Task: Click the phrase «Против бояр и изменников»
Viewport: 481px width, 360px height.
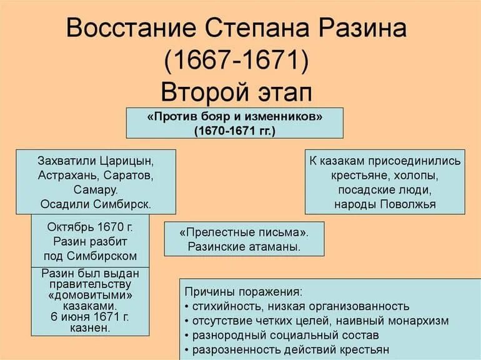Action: point(234,117)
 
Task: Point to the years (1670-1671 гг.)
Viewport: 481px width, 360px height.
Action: point(234,131)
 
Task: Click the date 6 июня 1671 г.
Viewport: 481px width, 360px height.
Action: point(90,316)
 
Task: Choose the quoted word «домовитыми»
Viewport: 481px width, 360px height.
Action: point(90,295)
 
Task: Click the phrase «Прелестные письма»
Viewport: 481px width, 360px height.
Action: point(244,232)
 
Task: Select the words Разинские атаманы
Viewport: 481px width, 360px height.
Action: point(244,246)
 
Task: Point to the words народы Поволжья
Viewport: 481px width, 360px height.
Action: point(384,204)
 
